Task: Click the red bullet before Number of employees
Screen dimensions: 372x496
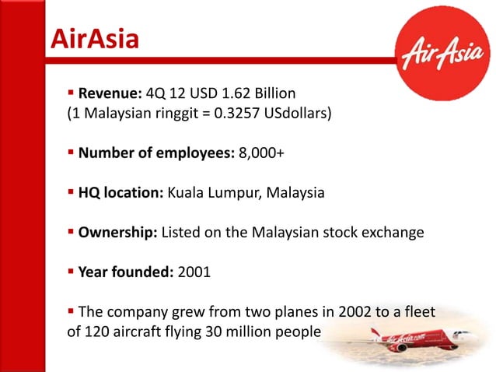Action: pos(71,152)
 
